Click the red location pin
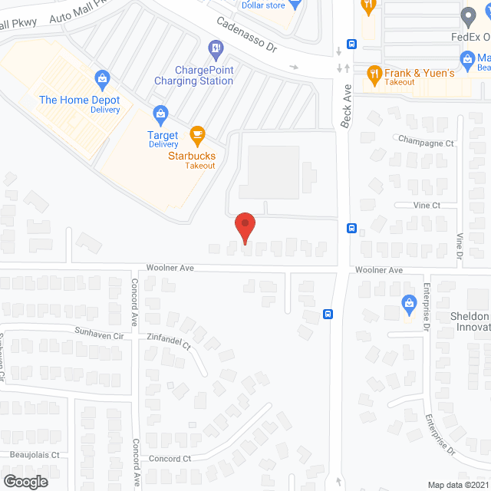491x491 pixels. coord(245,228)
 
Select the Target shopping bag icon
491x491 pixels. coord(160,116)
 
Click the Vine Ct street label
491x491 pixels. coord(427,206)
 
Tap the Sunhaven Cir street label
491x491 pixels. coord(99,335)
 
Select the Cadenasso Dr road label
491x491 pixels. coord(245,35)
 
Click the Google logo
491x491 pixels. coord(25,481)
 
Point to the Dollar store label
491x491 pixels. coord(263,5)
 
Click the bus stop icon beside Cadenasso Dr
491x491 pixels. coord(352,44)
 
